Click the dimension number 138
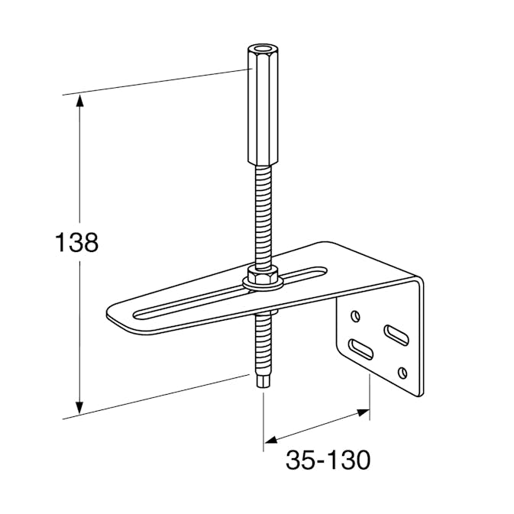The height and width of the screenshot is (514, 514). point(76,243)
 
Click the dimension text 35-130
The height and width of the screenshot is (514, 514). point(328,460)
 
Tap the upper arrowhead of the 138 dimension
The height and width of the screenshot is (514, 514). point(79,102)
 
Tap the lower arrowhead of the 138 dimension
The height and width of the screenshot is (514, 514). point(79,408)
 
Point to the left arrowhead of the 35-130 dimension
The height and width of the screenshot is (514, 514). point(271,440)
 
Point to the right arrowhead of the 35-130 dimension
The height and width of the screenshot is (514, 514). point(364,412)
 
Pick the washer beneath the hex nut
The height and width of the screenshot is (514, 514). point(262,283)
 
